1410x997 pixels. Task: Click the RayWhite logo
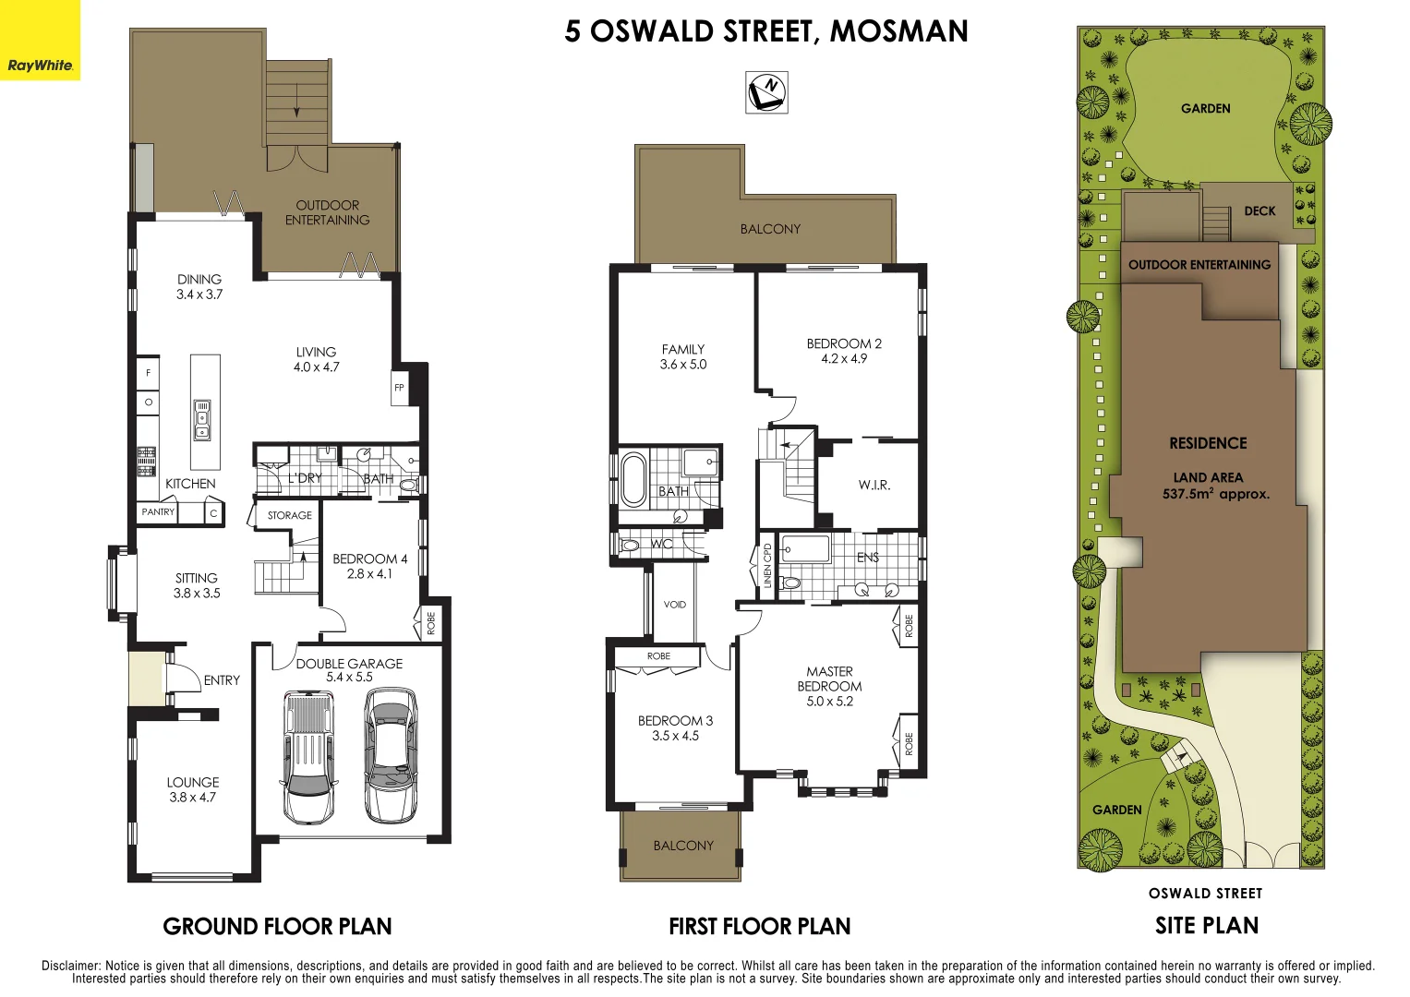coord(40,65)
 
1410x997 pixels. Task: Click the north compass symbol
coord(766,91)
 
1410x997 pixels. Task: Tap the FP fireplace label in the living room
coord(399,388)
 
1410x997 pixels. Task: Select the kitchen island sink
coord(202,420)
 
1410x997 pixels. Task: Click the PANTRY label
coord(158,511)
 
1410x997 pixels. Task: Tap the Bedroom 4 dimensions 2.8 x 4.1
coord(369,574)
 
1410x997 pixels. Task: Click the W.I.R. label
coord(874,486)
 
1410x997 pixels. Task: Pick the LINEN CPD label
coord(767,565)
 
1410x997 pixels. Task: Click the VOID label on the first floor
coord(675,605)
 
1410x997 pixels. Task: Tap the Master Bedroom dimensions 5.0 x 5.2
coord(829,702)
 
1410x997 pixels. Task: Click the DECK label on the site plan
coord(1259,211)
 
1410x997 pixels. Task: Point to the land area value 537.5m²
coord(1215,495)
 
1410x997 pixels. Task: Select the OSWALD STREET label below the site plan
coord(1205,894)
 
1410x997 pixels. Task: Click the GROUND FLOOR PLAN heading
coord(277,927)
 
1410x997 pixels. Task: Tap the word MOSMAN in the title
coord(898,31)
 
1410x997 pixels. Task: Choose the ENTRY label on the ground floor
coord(222,680)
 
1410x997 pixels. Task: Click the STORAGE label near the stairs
coord(290,516)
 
